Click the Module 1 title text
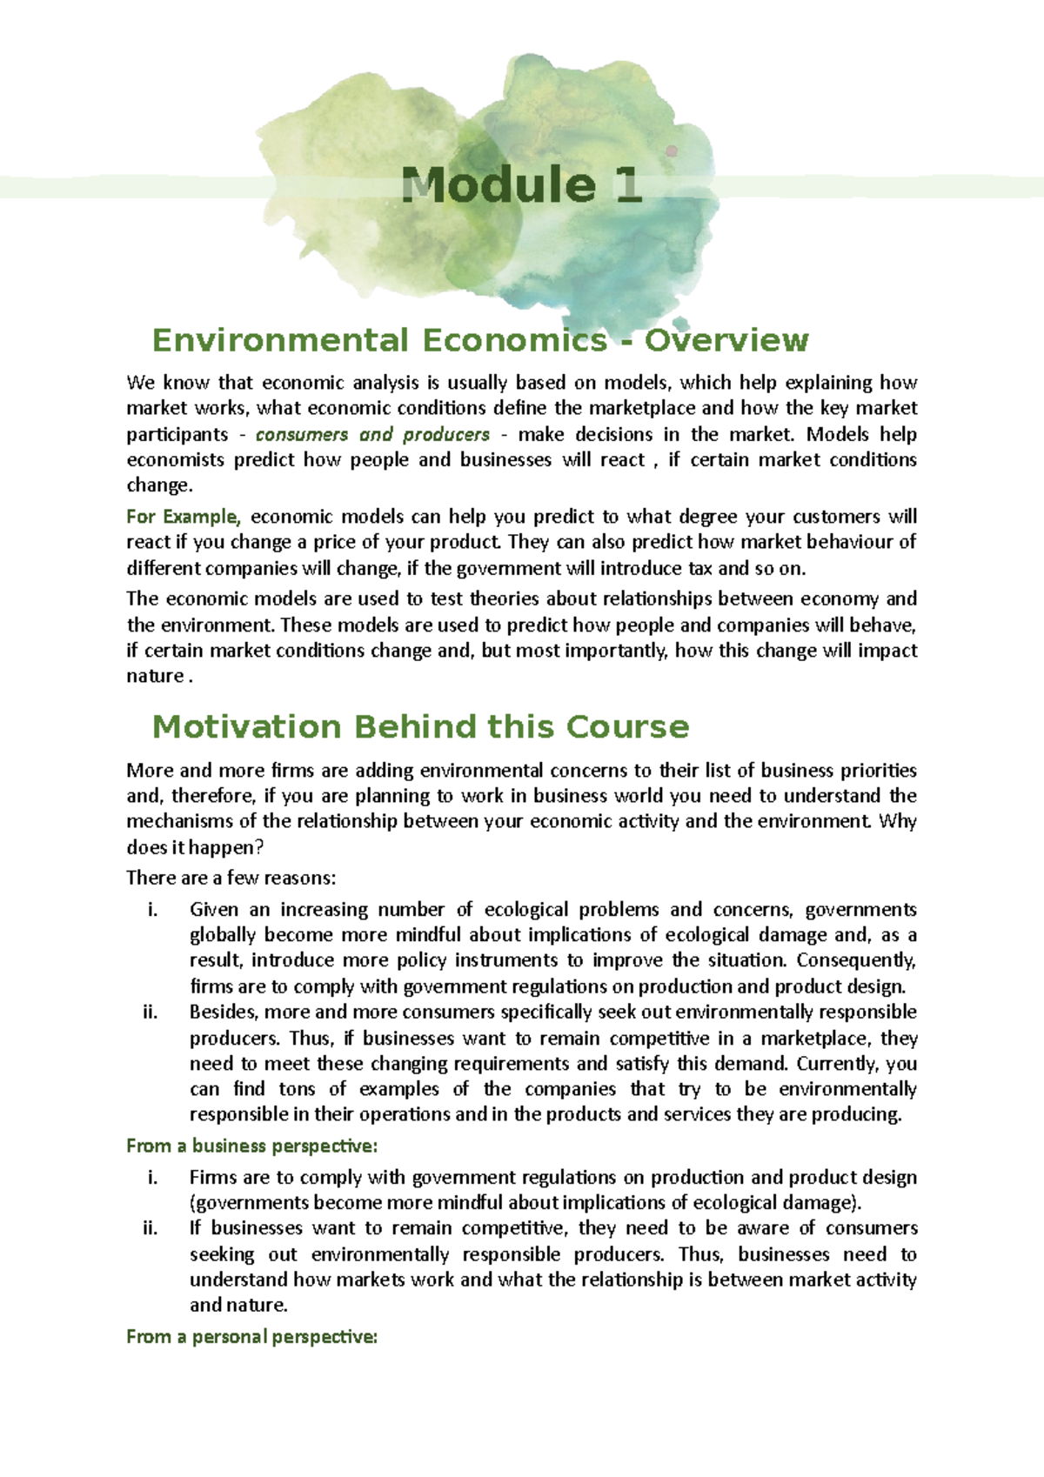pyautogui.click(x=522, y=185)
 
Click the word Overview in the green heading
pyautogui.click(x=726, y=340)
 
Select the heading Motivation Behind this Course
pyautogui.click(x=420, y=726)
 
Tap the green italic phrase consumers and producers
pyautogui.click(x=372, y=434)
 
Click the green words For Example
pyautogui.click(x=181, y=517)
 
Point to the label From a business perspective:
pyautogui.click(x=251, y=1146)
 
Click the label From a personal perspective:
pyautogui.click(x=251, y=1337)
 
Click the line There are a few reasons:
pyautogui.click(x=231, y=878)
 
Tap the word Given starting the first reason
pyautogui.click(x=213, y=910)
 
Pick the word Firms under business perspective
pyautogui.click(x=211, y=1178)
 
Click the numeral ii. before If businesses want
pyautogui.click(x=150, y=1228)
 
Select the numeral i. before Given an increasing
pyautogui.click(x=152, y=910)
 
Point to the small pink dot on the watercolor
pyautogui.click(x=672, y=150)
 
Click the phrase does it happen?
pyautogui.click(x=194, y=847)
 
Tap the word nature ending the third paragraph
pyautogui.click(x=155, y=676)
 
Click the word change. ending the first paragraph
pyautogui.click(x=158, y=485)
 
